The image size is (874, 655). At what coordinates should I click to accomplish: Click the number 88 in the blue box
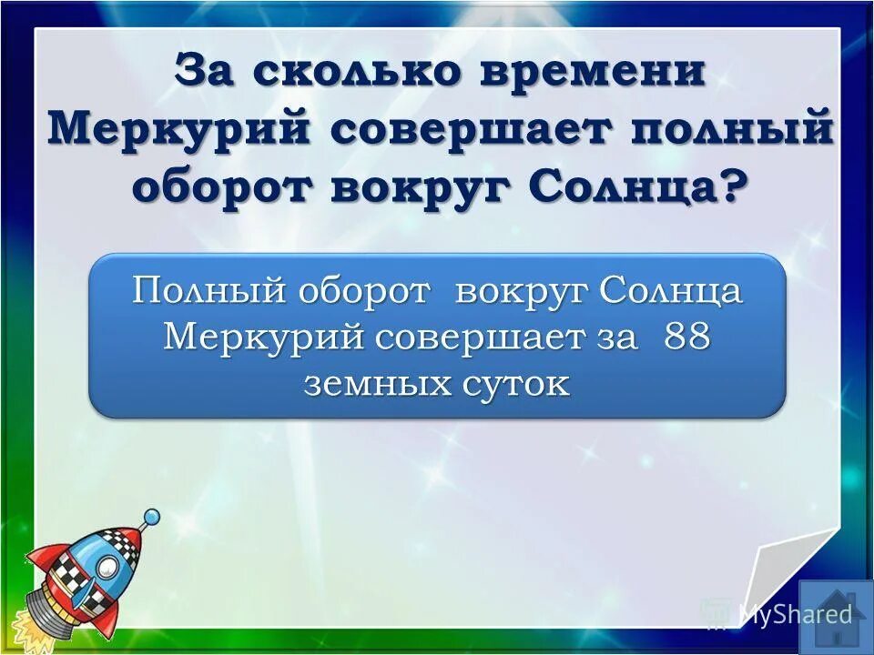coord(686,338)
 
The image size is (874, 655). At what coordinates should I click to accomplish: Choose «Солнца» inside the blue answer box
coord(671,293)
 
